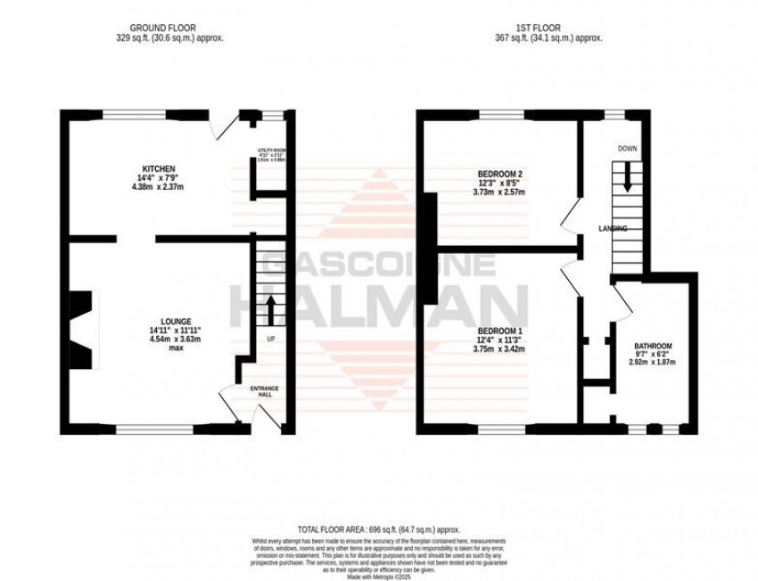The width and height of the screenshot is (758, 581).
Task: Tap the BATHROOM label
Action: click(653, 346)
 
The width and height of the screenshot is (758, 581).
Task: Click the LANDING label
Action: click(613, 229)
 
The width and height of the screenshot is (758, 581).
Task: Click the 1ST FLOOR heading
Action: click(548, 28)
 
